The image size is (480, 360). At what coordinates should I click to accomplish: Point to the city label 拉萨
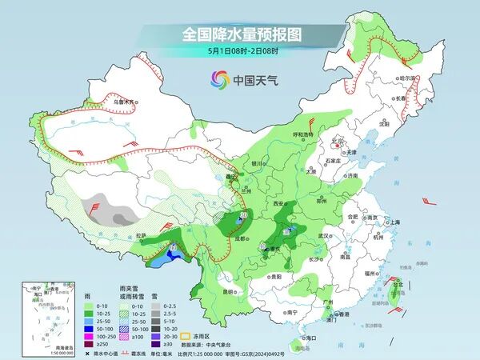pyautogui.click(x=141, y=235)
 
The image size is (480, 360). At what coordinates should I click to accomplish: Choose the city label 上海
pyautogui.click(x=393, y=222)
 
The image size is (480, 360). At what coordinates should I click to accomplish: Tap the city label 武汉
pyautogui.click(x=323, y=236)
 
